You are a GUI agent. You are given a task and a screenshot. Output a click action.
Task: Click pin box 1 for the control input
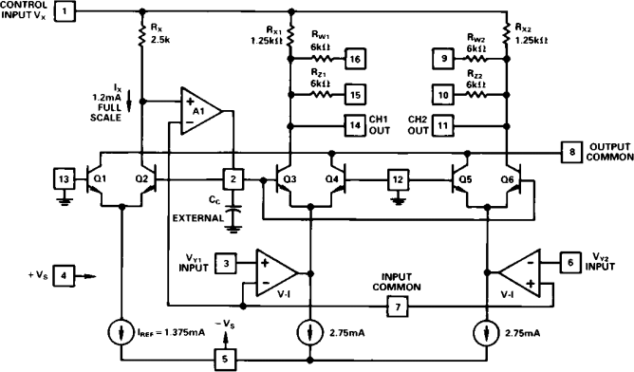click(65, 11)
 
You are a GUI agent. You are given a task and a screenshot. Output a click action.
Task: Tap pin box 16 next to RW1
click(355, 59)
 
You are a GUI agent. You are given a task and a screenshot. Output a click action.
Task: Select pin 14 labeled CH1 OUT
click(355, 125)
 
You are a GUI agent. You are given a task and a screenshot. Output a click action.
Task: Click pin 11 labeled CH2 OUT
click(442, 125)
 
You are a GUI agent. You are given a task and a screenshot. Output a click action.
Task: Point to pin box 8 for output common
click(571, 152)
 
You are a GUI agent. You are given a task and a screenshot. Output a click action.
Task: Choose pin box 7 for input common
click(398, 307)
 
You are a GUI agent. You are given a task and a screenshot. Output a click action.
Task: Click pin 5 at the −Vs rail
click(225, 359)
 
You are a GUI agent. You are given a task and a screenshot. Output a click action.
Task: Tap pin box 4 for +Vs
click(64, 276)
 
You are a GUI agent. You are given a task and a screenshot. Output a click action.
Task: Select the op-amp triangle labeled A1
click(201, 110)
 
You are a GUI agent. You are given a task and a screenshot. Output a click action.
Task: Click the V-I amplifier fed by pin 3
click(277, 273)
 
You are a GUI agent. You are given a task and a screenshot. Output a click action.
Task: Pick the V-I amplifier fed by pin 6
click(519, 273)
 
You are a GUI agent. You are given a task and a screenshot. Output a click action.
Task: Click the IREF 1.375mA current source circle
click(121, 332)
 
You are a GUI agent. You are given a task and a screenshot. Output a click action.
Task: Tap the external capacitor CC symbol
click(233, 211)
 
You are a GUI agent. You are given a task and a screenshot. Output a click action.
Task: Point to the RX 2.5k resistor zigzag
click(142, 36)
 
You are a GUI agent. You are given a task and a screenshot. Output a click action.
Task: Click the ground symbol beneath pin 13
click(64, 201)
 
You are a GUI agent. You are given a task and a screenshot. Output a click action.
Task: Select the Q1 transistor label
click(100, 178)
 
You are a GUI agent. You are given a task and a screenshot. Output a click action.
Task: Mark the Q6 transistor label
click(508, 178)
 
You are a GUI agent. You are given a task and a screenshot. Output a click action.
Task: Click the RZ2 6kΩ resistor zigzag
click(476, 95)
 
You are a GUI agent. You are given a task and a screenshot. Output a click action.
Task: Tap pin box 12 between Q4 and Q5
click(398, 179)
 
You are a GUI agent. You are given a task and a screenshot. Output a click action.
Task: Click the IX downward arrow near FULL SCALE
click(129, 102)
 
